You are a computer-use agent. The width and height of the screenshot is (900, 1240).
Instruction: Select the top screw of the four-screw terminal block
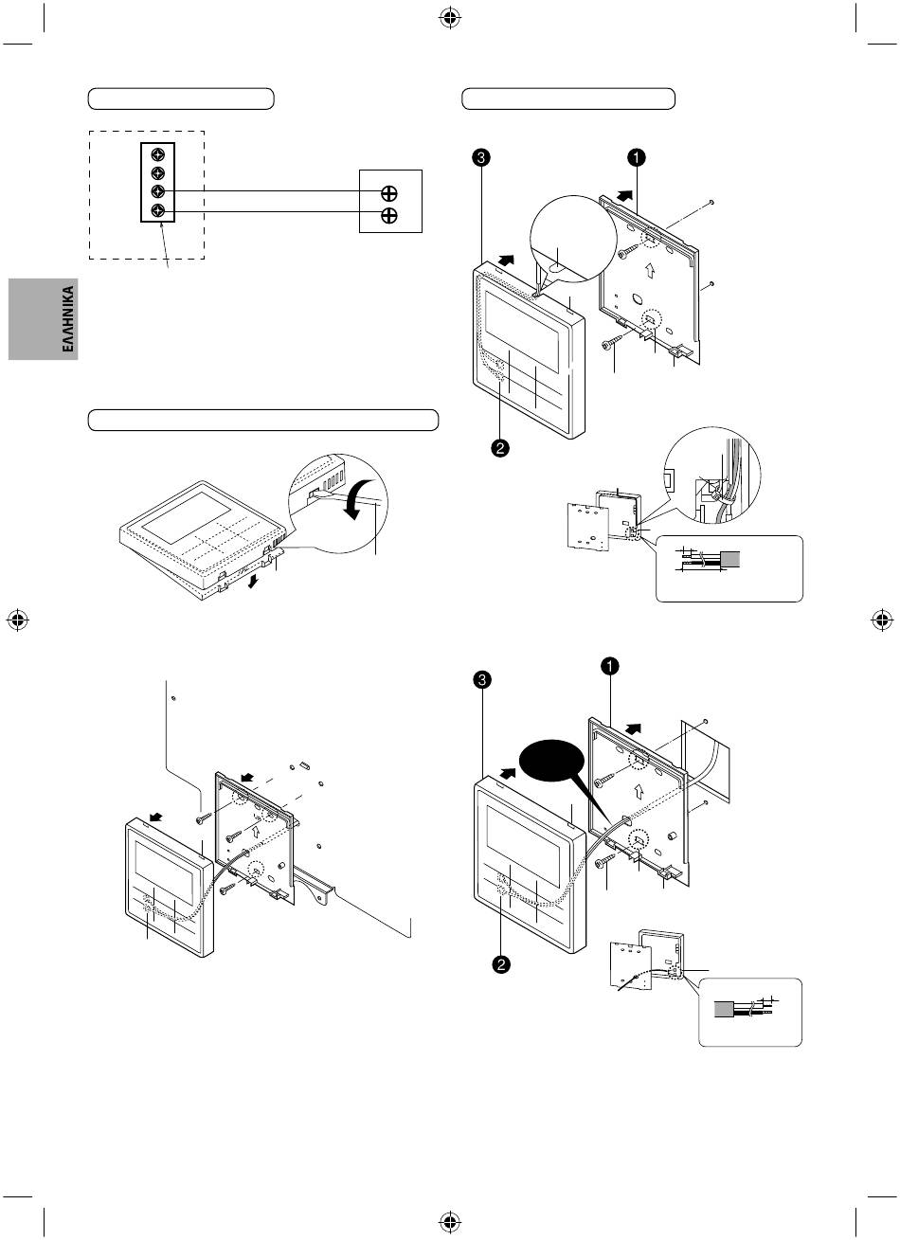(158, 153)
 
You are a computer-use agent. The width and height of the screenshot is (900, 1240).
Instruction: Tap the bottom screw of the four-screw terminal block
(158, 210)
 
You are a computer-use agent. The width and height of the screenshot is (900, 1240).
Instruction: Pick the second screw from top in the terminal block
(158, 172)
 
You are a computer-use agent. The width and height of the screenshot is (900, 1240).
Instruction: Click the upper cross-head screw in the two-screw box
(388, 192)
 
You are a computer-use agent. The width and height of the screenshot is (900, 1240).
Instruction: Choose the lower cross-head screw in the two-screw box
(388, 215)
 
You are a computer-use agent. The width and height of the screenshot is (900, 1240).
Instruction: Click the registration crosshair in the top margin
(450, 17)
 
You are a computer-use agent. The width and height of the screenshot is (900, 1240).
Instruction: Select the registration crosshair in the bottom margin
(450, 1222)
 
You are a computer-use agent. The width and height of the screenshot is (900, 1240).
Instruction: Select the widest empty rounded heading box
(263, 420)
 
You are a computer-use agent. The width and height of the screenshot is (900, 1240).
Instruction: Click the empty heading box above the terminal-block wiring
(180, 99)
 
